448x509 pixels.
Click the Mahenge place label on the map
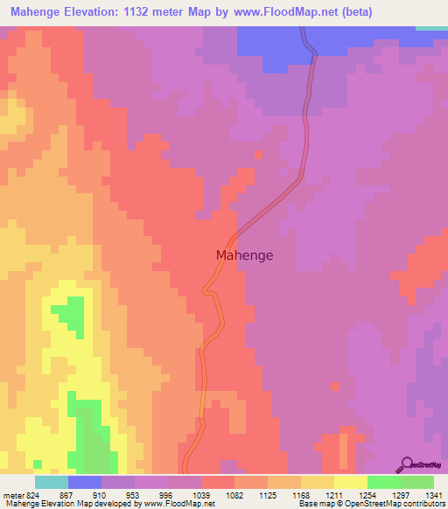244,255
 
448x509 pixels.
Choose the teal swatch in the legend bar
52,482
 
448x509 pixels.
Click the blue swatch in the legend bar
85,482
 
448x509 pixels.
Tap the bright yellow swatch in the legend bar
351,482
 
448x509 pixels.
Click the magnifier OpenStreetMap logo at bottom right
407,464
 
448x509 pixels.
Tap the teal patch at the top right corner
430,28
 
